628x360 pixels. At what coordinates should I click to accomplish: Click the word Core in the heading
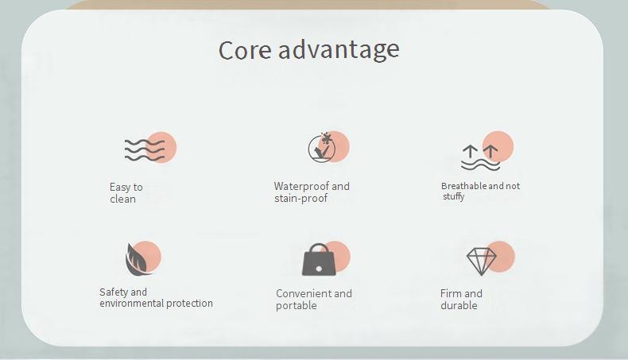click(x=245, y=50)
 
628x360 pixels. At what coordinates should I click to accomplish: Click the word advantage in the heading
click(x=339, y=50)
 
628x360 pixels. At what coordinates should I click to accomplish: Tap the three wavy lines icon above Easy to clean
click(x=145, y=150)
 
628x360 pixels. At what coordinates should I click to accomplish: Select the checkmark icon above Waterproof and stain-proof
click(x=322, y=148)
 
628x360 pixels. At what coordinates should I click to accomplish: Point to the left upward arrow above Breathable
click(x=470, y=152)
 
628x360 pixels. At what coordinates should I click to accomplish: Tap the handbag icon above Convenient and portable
click(x=319, y=260)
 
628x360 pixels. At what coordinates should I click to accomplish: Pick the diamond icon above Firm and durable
click(x=482, y=261)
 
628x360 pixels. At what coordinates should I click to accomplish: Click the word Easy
click(x=120, y=188)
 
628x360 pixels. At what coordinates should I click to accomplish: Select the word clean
click(x=122, y=199)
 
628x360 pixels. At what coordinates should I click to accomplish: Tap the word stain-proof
click(x=300, y=198)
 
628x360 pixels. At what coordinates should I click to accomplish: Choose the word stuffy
click(x=454, y=196)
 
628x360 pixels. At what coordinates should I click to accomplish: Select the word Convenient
click(x=303, y=293)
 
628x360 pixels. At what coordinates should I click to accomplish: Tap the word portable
click(x=297, y=305)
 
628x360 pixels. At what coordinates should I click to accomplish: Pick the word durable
click(x=459, y=305)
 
